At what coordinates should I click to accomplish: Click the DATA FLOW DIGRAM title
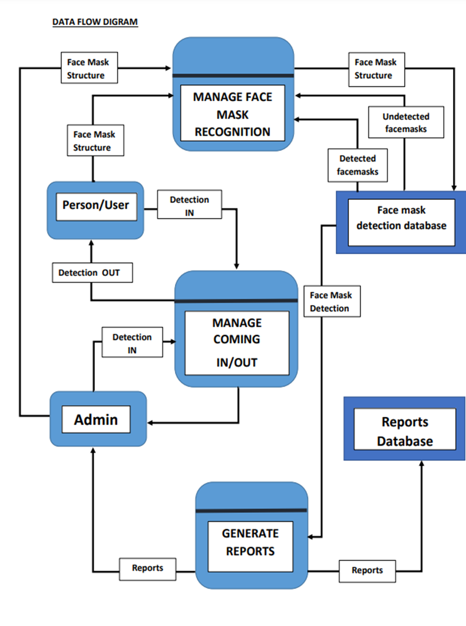tap(95, 22)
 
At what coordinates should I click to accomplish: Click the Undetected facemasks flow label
tap(406, 122)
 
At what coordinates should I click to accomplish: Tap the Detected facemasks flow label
tap(357, 165)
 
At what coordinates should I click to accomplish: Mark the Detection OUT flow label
tap(92, 273)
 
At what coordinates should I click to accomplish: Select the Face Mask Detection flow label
tap(332, 302)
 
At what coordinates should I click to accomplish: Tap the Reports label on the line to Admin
tap(147, 568)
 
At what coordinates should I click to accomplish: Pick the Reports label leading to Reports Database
tap(367, 571)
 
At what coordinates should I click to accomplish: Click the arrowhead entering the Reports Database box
tap(421, 464)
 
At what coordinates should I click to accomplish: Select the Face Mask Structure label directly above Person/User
tap(95, 140)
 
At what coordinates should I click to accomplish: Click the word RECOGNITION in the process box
tap(233, 132)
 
